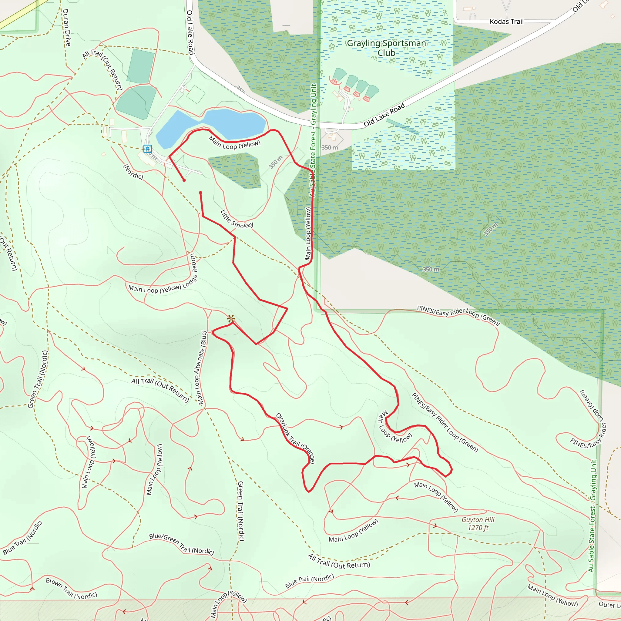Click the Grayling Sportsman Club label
[386, 48]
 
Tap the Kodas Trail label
[507, 22]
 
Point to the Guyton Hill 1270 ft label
[478, 524]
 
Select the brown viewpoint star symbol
[231, 319]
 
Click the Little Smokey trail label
[237, 220]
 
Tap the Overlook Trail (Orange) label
[295, 438]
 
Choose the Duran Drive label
[66, 27]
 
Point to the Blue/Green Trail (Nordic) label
[182, 544]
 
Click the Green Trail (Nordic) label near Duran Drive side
[38, 380]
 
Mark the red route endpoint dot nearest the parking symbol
[184, 180]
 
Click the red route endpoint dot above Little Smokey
[200, 193]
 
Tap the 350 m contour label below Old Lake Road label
[330, 148]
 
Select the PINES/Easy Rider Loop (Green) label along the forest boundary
[458, 315]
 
